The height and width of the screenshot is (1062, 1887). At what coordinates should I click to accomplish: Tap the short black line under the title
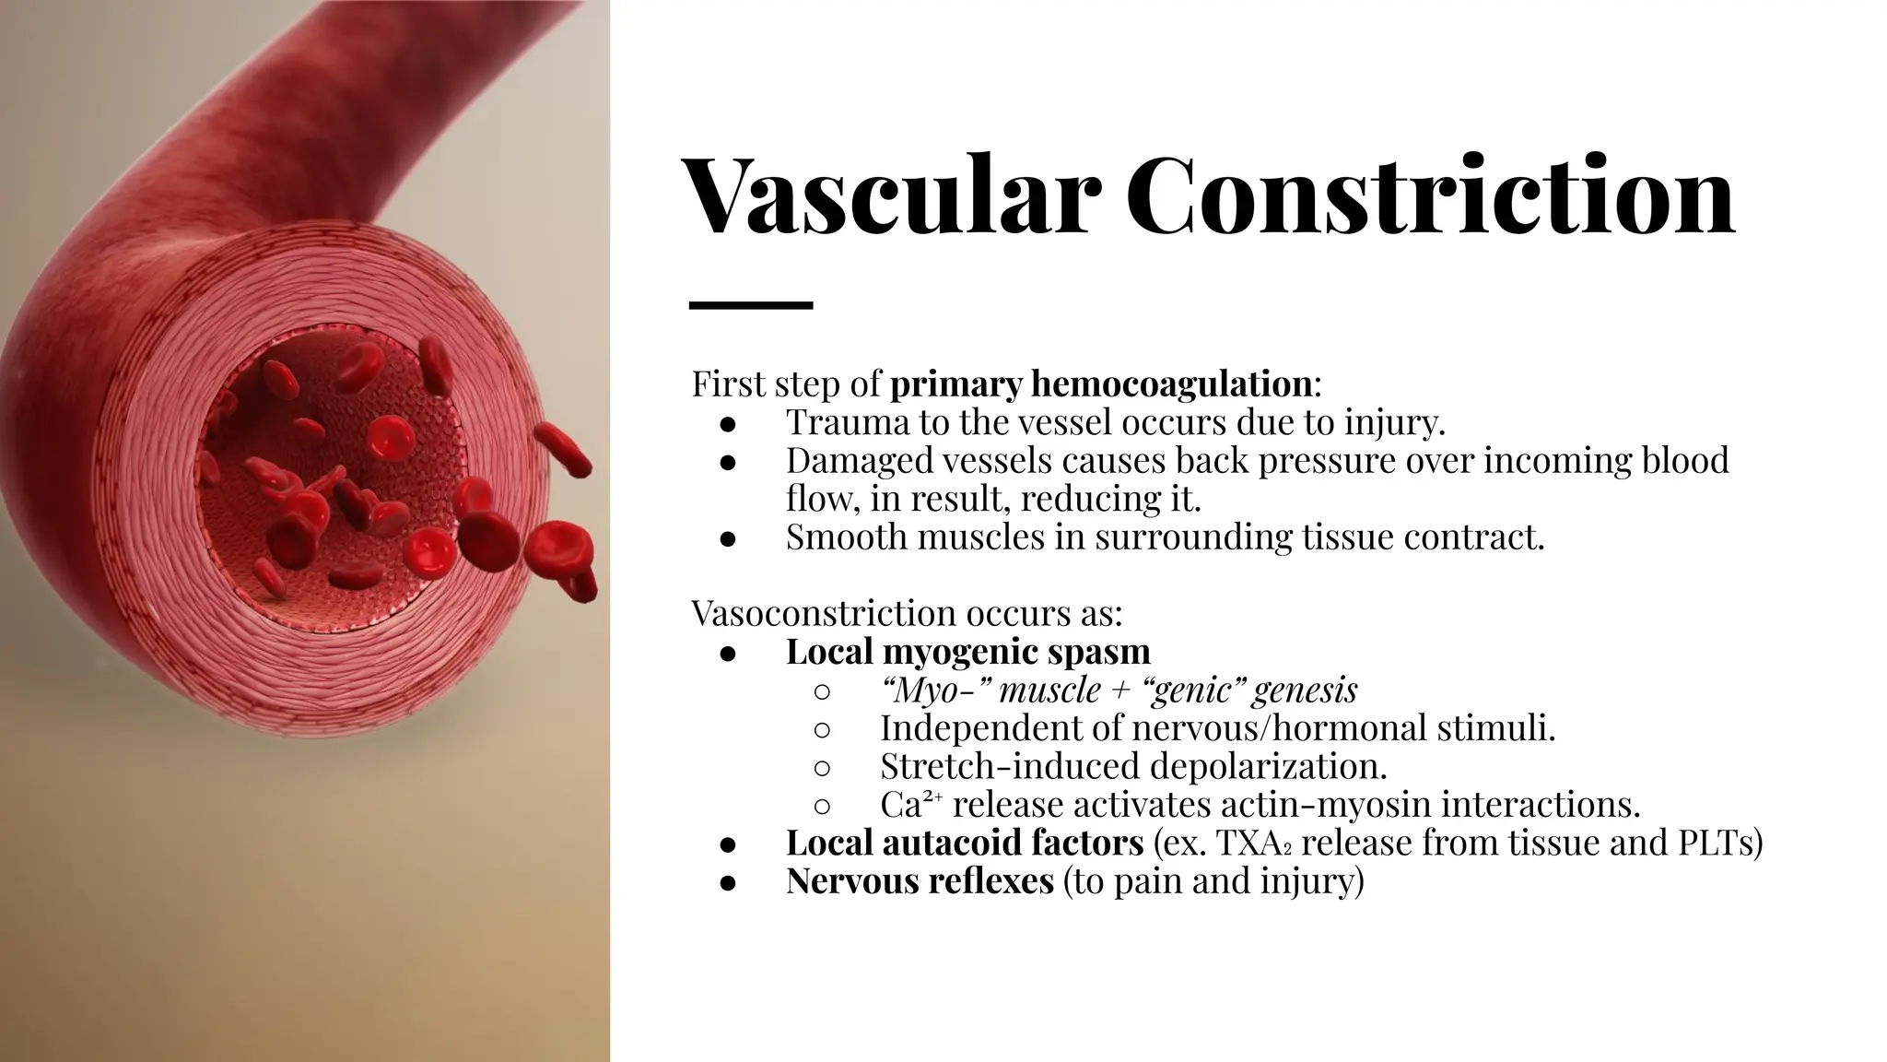(750, 304)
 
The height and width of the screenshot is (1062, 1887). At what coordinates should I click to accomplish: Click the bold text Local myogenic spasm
(967, 652)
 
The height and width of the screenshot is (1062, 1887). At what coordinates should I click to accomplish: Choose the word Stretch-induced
(999, 766)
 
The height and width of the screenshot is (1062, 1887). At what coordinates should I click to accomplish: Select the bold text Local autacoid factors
(964, 843)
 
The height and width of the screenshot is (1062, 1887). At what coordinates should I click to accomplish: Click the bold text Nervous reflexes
(919, 880)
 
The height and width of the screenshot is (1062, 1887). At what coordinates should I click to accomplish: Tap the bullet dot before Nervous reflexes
(727, 882)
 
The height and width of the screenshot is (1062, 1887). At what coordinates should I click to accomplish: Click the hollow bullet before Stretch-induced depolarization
(823, 767)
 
